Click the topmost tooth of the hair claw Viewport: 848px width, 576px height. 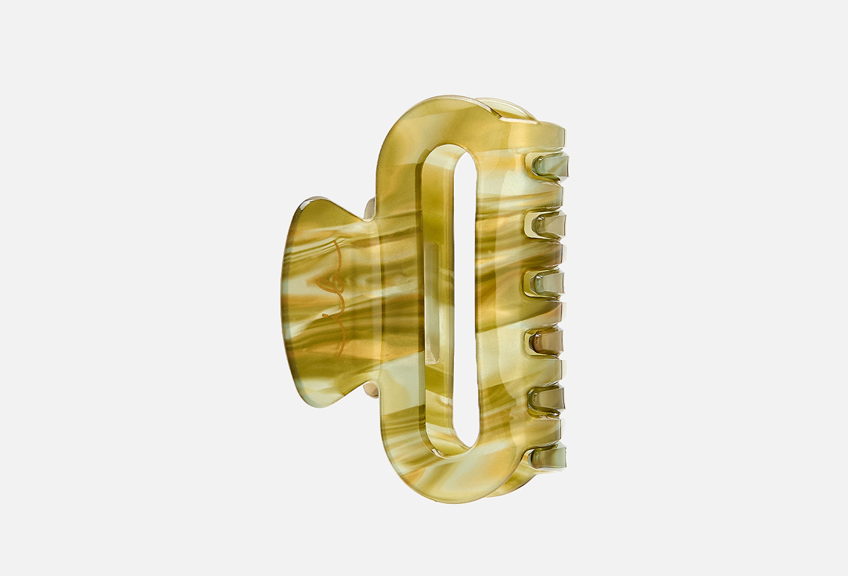tap(550, 166)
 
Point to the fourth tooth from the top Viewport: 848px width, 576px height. tap(546, 341)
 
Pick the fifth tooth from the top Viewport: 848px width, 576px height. tap(547, 399)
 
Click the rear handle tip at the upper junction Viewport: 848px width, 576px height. tap(369, 207)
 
